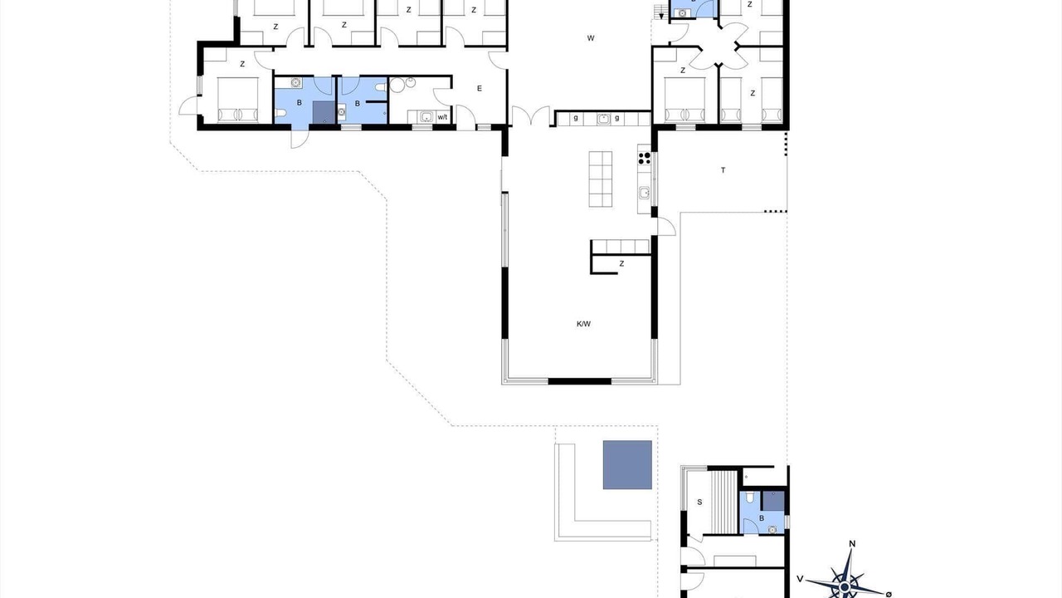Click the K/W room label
click(583, 324)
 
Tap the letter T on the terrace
click(723, 170)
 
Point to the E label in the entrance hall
click(480, 88)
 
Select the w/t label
click(442, 117)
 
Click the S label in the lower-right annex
click(699, 502)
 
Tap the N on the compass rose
click(852, 544)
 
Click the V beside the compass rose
click(800, 579)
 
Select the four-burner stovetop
click(645, 158)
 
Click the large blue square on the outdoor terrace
click(627, 464)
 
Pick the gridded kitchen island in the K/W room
click(600, 179)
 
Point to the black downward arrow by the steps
click(661, 15)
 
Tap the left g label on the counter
click(576, 118)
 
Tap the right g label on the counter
click(616, 118)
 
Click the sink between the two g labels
click(603, 119)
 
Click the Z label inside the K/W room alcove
click(621, 264)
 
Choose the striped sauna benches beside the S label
click(724, 502)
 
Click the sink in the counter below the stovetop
click(644, 193)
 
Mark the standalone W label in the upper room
click(590, 38)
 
